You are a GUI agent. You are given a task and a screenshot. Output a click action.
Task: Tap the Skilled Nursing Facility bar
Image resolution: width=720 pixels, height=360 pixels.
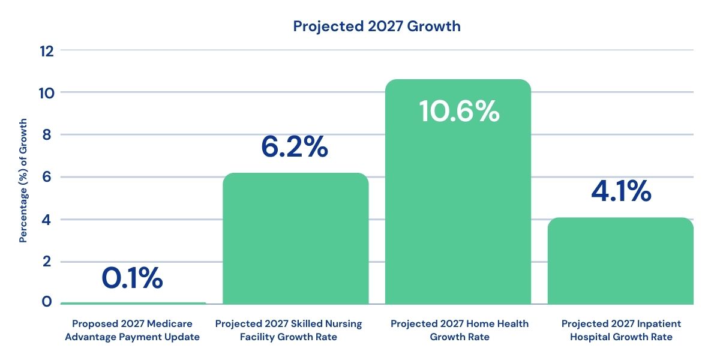tap(295, 240)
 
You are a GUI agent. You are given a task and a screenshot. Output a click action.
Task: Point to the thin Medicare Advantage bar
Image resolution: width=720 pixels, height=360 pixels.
tap(133, 304)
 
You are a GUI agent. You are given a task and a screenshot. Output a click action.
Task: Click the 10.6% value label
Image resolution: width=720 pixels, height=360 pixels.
tap(459, 112)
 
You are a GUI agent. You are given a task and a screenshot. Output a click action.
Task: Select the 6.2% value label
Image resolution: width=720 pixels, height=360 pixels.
tap(295, 147)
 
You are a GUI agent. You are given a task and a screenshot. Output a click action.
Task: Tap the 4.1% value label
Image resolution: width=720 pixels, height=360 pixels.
tap(620, 191)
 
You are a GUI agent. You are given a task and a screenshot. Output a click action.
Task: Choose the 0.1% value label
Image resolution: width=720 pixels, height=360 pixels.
tap(132, 278)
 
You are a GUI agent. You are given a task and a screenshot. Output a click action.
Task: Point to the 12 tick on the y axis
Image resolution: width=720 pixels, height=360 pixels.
tap(47, 51)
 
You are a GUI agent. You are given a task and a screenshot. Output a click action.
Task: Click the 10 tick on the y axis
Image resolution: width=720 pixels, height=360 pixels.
tap(47, 93)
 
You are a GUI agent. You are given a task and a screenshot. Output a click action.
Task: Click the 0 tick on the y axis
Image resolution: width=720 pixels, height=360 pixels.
tap(47, 302)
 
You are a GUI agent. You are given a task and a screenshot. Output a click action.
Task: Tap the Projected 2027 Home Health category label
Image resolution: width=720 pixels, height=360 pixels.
tap(460, 331)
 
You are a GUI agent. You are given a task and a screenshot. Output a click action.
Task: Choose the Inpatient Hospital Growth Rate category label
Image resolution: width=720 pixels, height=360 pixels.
tap(621, 331)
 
